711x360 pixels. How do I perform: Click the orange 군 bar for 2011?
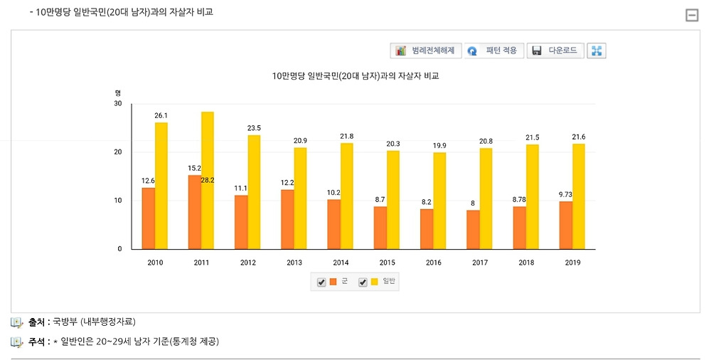point(195,212)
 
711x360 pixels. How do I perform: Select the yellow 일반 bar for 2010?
point(161,186)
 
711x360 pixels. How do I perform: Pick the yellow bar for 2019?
point(579,196)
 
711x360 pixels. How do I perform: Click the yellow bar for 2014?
point(347,196)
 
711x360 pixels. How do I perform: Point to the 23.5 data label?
point(254,128)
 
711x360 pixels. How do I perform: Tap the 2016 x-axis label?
point(433,263)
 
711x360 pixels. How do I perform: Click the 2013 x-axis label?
point(294,263)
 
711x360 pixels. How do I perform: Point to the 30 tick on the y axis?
point(117,104)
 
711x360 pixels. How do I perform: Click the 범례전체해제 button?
point(427,51)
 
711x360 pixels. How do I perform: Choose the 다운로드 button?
point(556,51)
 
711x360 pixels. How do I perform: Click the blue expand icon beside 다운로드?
point(597,51)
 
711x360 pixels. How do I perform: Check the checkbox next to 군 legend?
point(321,282)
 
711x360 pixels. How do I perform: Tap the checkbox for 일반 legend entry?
point(363,282)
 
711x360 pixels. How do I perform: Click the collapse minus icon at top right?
point(691,15)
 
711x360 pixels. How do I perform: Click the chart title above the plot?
point(355,75)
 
